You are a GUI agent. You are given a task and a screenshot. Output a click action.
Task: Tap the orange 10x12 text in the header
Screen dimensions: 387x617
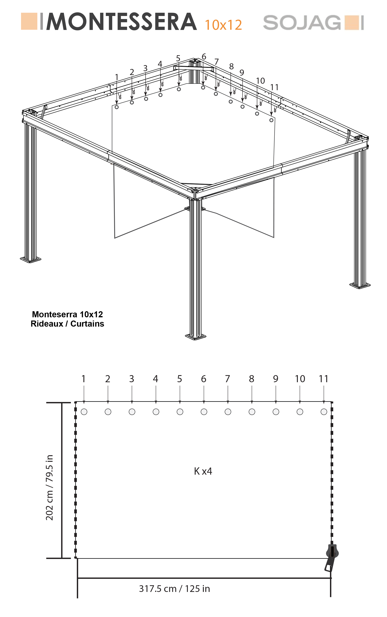pos(223,25)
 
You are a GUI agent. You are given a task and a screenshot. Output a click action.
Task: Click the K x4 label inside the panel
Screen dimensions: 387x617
pos(203,471)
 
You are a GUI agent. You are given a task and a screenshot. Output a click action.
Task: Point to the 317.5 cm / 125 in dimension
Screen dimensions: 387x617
pos(174,588)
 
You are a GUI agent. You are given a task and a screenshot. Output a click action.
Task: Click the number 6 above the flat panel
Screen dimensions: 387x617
pos(203,379)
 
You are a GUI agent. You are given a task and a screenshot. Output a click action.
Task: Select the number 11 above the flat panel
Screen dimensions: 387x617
pos(324,379)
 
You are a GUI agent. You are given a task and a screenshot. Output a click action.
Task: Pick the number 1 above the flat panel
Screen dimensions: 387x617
pos(84,379)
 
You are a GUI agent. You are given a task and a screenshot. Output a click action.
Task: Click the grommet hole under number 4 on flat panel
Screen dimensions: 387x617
pos(156,412)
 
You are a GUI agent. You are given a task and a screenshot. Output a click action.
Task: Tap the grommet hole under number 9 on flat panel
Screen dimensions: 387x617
pos(276,412)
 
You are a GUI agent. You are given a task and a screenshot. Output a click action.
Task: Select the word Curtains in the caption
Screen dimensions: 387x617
pos(87,324)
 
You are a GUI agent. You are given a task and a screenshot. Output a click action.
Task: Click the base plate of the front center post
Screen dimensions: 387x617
pos(196,336)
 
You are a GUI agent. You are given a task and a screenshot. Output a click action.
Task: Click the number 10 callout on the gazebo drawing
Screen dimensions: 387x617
pos(260,81)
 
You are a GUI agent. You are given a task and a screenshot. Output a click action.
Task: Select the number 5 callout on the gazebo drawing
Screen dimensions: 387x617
pos(178,58)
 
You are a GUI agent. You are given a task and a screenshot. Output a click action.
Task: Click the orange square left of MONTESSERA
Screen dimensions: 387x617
pos(29,21)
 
